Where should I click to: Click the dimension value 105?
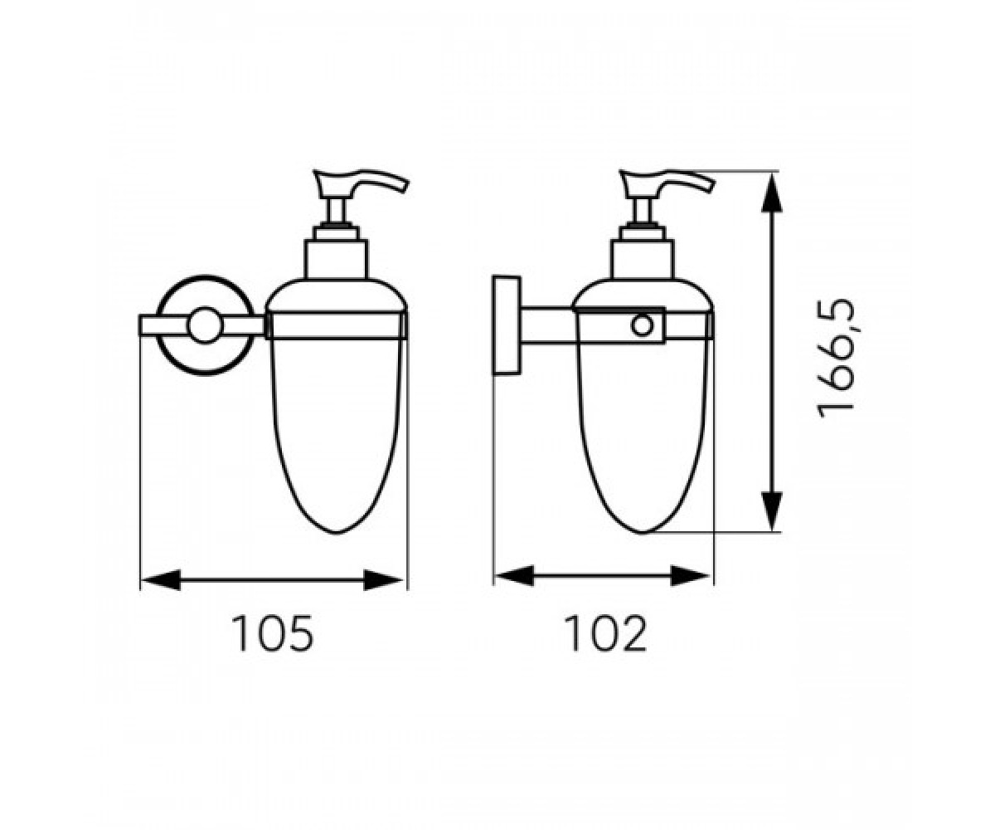273,633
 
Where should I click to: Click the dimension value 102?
605,633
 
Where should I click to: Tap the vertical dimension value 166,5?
837,359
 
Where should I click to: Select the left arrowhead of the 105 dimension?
161,580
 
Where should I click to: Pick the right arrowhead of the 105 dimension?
383,580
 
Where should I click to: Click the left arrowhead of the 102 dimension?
515,576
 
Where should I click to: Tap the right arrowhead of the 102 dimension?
691,576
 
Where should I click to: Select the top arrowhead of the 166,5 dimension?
772,193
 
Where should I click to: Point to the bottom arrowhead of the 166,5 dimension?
772,510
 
